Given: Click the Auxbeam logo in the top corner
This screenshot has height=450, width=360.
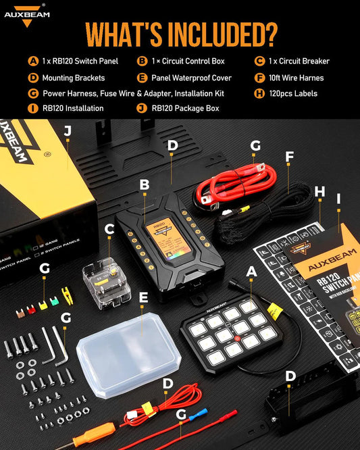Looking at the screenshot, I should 26,16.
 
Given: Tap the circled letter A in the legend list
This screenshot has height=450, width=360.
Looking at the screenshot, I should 32,61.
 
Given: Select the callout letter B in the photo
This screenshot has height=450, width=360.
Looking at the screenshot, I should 144,184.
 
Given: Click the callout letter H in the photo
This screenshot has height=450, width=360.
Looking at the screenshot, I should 320,193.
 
